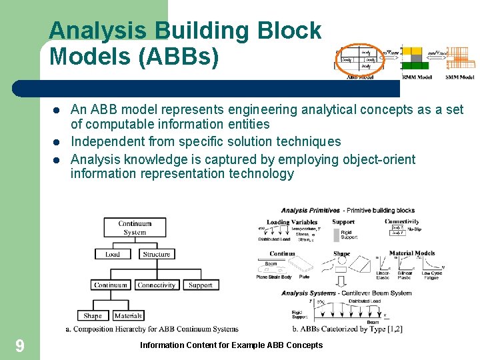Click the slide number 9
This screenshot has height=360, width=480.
pos(20,345)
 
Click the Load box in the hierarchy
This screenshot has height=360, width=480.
pos(113,254)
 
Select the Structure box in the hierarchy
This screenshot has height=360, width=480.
pos(157,254)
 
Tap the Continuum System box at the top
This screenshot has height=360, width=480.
pos(135,228)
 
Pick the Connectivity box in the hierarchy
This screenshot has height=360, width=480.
pos(157,285)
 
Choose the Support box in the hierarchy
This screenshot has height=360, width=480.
pos(200,285)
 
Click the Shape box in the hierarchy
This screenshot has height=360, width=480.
pos(93,316)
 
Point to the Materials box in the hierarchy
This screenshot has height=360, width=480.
pos(128,316)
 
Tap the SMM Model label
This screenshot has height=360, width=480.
pos(460,77)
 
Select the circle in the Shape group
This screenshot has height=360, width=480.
pos(327,264)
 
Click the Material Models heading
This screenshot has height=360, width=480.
pos(411,253)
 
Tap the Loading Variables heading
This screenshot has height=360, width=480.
pos(292,222)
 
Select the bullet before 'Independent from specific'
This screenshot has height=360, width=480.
pos(57,141)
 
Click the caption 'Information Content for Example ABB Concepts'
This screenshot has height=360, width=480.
pos(231,345)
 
